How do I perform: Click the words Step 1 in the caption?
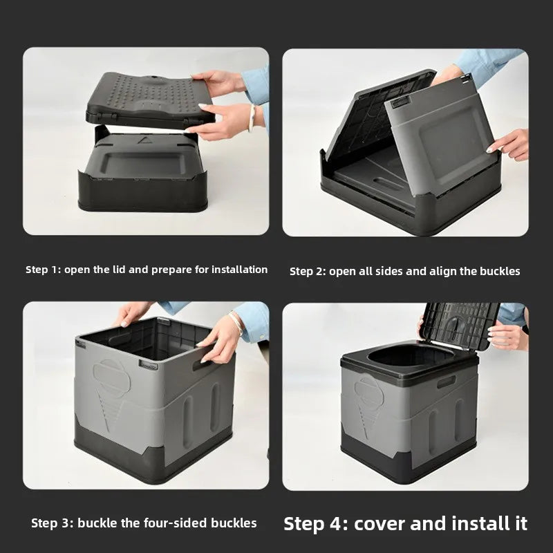[x=43, y=270]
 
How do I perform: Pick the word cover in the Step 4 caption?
[x=377, y=523]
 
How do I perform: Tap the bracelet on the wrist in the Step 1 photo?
[x=252, y=117]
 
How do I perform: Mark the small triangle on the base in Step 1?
[x=142, y=140]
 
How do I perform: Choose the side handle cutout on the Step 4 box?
[x=447, y=382]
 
